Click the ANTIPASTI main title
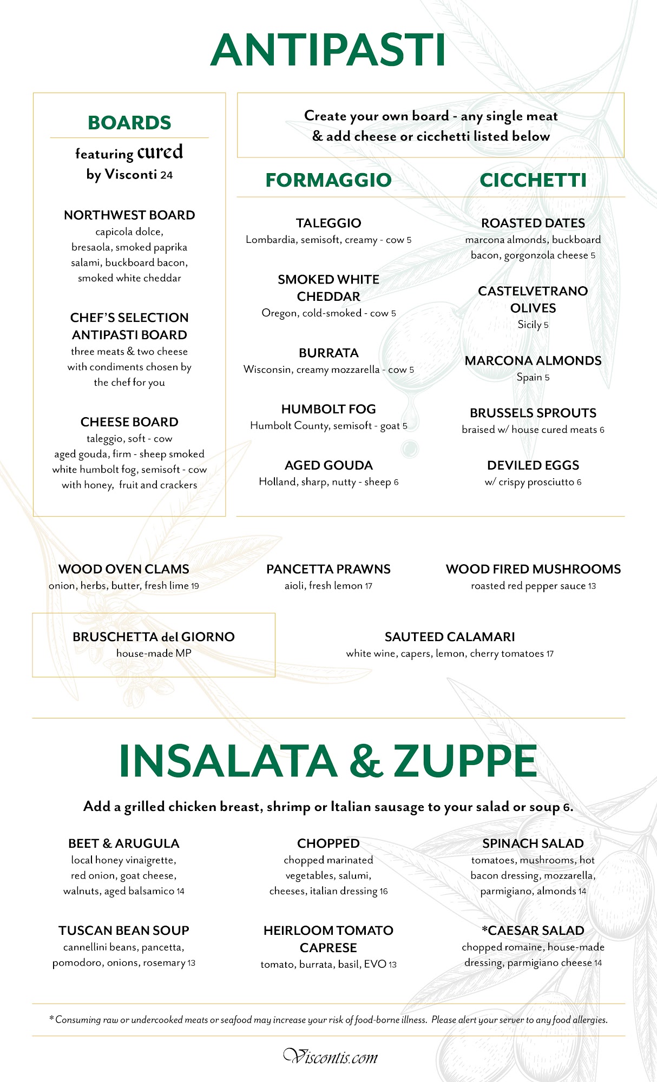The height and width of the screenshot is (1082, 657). pos(328,50)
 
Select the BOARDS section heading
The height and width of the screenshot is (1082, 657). pos(129,123)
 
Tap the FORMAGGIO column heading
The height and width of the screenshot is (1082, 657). pos(328,180)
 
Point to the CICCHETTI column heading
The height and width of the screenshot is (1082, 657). pos(533,180)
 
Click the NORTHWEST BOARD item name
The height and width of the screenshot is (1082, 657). pos(129,215)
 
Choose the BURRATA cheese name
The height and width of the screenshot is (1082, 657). pos(328,353)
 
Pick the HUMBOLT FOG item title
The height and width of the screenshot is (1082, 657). pos(328,410)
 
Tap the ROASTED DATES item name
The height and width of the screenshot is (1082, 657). pos(533,223)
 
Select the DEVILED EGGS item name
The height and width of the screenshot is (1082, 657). pos(533,466)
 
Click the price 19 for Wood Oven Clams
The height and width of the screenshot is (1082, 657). pos(195,586)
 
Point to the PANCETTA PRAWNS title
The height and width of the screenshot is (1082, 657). pos(328,569)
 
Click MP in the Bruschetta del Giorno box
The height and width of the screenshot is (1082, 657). pos(183,654)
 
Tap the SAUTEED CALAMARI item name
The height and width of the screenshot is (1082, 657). pos(450,637)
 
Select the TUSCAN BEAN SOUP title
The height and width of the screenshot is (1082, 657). pos(124,931)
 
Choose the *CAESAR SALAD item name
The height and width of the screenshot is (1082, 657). pos(533,931)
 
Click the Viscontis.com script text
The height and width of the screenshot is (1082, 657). pos(331,1057)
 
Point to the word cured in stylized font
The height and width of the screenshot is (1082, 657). pos(160,152)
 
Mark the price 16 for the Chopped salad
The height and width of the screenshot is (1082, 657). pos(384,892)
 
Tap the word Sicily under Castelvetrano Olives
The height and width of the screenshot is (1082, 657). pos(529,325)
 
